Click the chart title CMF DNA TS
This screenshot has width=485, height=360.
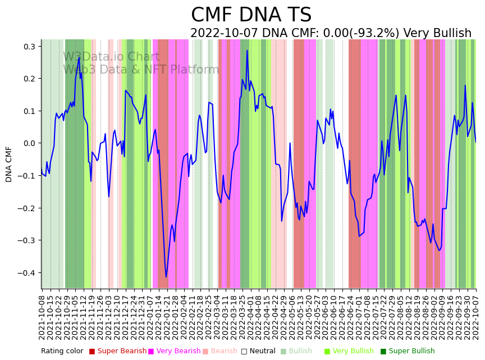pyautogui.click(x=251, y=15)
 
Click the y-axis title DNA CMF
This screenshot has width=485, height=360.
pyautogui.click(x=9, y=164)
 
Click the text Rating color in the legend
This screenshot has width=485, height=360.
pyautogui.click(x=62, y=351)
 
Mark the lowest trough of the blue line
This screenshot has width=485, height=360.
pyautogui.click(x=166, y=277)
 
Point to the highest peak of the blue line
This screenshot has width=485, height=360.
pyautogui.click(x=247, y=51)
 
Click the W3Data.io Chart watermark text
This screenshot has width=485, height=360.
pyautogui.click(x=111, y=57)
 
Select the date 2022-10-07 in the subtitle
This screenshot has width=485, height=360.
pyautogui.click(x=222, y=33)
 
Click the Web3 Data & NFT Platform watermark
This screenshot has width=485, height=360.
pyautogui.click(x=141, y=70)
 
